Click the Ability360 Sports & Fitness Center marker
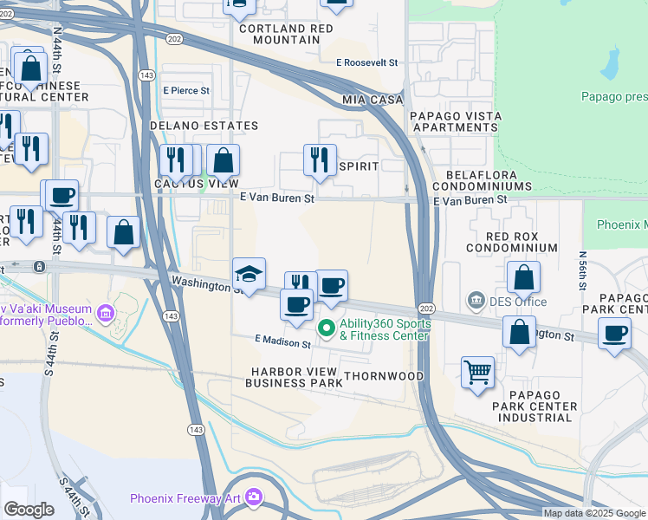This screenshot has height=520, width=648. click(x=327, y=328)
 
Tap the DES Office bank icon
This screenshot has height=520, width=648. click(x=476, y=301)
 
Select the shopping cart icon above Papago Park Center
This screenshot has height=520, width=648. click(x=477, y=372)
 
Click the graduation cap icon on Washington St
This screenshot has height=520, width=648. click(x=249, y=274)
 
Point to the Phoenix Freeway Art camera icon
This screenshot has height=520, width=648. click(x=253, y=497)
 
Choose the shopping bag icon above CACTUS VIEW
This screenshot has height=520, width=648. click(x=223, y=159)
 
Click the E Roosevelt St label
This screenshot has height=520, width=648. click(x=367, y=63)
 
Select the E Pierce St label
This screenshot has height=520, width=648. click(x=185, y=90)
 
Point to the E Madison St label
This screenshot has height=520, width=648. click(x=282, y=343)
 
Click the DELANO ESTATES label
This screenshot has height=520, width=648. click(x=204, y=126)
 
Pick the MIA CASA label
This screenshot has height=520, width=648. click(x=373, y=101)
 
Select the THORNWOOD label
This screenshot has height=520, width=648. click(x=384, y=376)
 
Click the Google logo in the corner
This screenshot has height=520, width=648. click(x=29, y=509)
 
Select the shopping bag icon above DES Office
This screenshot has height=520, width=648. click(x=523, y=277)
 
